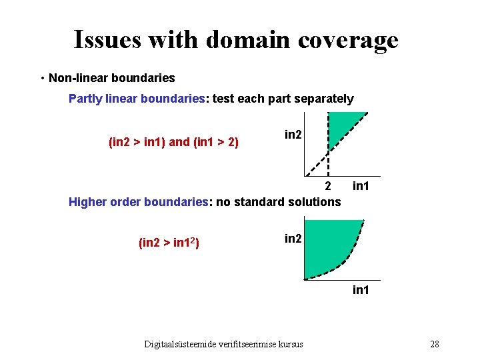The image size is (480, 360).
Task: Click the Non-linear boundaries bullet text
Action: coord(111,78)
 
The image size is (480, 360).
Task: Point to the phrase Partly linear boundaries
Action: coord(137,99)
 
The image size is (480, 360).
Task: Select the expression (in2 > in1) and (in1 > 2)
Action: coord(173,142)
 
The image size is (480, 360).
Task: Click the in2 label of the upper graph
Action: coord(293,135)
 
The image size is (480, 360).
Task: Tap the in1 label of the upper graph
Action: coord(361,185)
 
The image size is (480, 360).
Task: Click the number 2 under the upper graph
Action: coord(327,185)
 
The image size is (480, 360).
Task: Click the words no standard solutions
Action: coord(279,201)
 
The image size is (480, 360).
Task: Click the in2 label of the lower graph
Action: coord(293,238)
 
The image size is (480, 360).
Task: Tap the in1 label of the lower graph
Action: coord(361,291)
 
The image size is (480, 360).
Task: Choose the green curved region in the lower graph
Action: coord(330,243)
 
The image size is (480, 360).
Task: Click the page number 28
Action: coord(435,344)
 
